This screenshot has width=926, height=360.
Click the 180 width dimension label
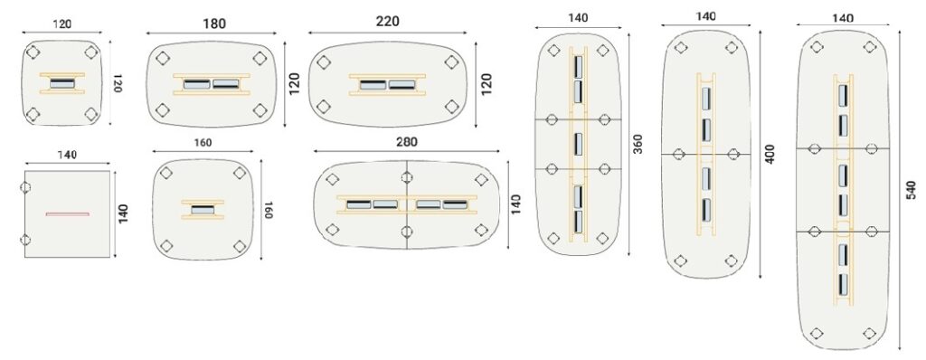(213, 24)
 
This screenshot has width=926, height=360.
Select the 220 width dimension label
(387, 22)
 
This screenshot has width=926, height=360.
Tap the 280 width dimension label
(406, 142)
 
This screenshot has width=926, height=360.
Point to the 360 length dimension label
(638, 144)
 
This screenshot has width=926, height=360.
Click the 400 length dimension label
(770, 154)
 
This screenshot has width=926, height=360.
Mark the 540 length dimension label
(912, 190)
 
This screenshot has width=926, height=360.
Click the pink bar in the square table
(67, 213)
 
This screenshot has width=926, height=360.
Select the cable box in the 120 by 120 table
(62, 83)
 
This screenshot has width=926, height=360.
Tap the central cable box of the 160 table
(203, 209)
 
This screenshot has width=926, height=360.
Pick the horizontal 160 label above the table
(203, 143)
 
